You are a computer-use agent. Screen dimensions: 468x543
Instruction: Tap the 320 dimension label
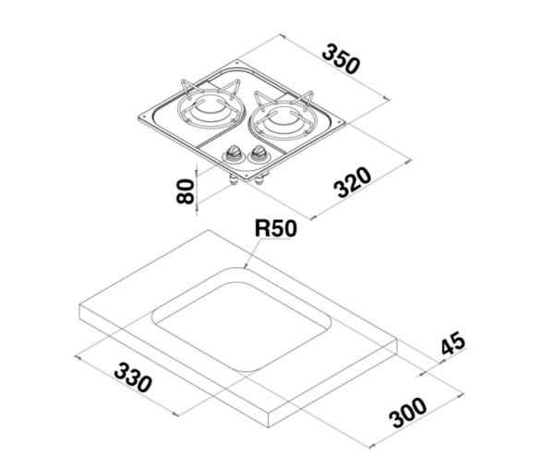click(352, 182)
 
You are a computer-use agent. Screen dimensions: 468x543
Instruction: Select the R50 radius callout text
click(276, 228)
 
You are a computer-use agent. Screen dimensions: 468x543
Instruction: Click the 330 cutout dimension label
click(134, 378)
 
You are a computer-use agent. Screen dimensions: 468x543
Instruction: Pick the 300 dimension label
click(407, 413)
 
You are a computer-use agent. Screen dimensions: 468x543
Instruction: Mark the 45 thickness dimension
click(452, 345)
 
